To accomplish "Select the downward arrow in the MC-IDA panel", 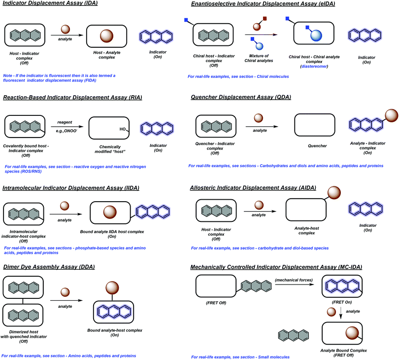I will tap(343, 311).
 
